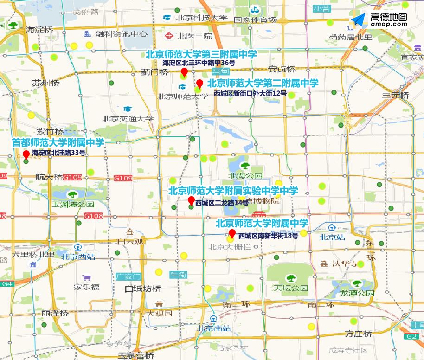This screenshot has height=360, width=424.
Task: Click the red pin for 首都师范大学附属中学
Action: (26, 154)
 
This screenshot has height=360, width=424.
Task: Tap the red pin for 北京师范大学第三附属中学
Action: (184, 72)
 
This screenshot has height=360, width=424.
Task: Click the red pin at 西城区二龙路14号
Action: (191, 200)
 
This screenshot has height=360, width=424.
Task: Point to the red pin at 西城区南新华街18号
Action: (232, 233)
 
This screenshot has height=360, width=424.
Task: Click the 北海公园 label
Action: (246, 176)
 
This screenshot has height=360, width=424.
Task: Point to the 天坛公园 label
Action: (291, 288)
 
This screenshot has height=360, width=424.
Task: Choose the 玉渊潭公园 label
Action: (73, 204)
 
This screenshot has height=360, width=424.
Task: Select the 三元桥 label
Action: (396, 96)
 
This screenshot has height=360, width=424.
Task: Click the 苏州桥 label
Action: (46, 83)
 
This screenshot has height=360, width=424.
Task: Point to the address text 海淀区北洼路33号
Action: (58, 153)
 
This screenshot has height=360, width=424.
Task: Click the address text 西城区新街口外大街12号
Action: (251, 93)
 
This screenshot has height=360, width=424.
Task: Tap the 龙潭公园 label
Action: (357, 293)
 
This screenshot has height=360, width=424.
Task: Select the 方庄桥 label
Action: (358, 334)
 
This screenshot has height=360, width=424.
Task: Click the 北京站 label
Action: (333, 237)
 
